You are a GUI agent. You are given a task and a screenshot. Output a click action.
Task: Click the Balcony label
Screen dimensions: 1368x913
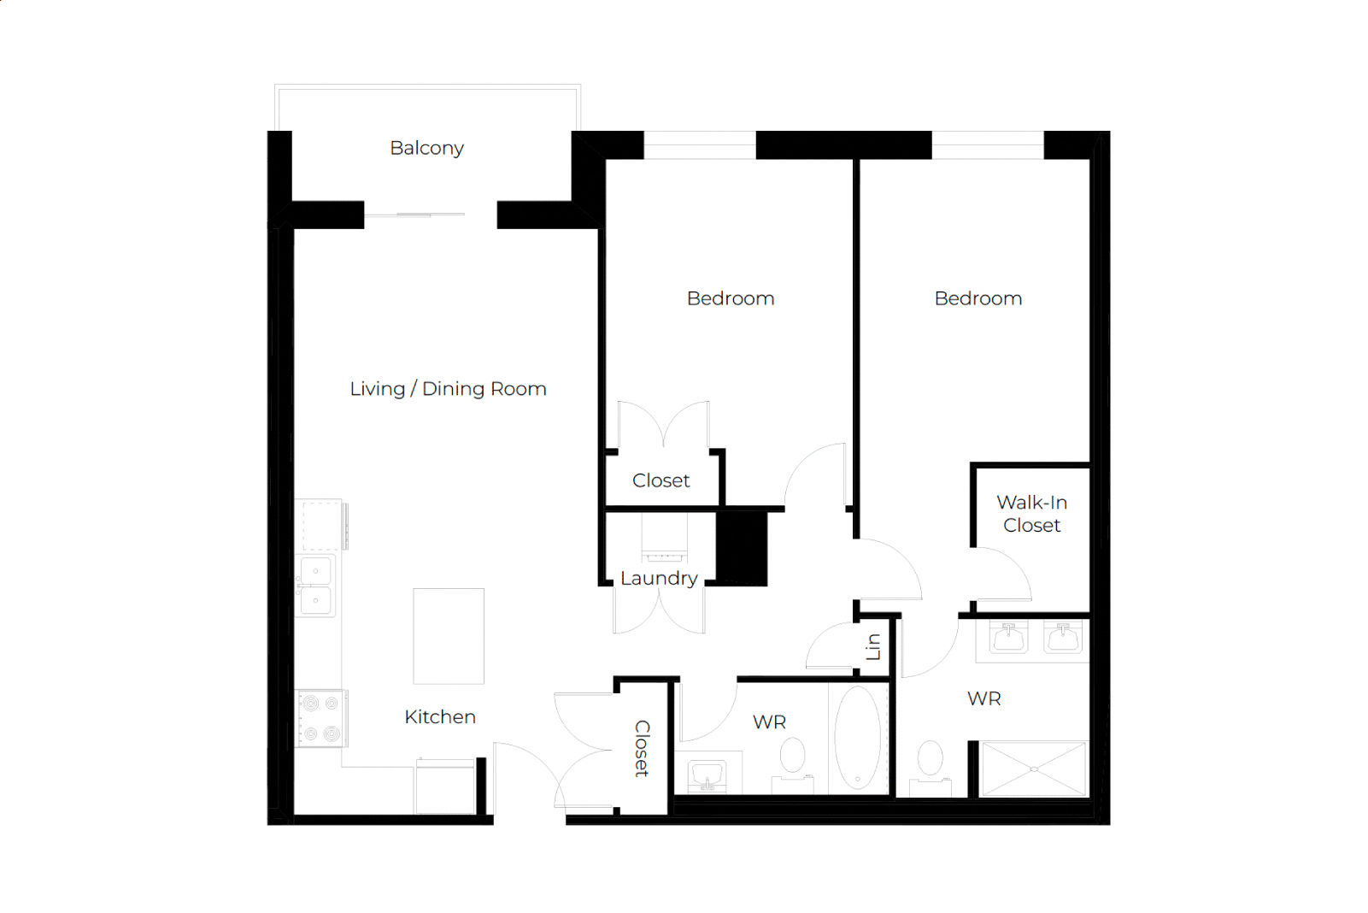427,149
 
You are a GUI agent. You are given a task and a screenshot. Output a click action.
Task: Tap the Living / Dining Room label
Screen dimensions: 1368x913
448,389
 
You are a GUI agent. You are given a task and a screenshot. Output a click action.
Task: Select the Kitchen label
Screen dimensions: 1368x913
440,716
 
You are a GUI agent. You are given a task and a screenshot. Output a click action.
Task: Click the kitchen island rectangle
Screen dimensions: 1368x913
449,636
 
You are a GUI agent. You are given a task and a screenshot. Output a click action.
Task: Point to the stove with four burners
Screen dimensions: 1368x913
321,718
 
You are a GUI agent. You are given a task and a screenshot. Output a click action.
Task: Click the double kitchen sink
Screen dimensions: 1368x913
316,586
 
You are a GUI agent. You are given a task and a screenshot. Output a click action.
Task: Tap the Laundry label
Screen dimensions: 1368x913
658,578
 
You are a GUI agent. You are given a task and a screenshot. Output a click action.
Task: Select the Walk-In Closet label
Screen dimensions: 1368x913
1031,513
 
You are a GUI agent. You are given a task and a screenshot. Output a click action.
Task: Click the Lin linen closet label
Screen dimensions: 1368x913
873,646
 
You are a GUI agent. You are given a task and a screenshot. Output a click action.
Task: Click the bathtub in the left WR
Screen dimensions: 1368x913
858,738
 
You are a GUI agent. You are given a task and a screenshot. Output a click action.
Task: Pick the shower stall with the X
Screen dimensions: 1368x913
1034,769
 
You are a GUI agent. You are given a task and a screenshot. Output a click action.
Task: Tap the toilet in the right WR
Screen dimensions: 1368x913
931,769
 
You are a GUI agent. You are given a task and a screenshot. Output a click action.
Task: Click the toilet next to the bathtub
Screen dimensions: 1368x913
792,765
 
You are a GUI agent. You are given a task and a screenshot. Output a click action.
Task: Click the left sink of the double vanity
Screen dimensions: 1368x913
1008,638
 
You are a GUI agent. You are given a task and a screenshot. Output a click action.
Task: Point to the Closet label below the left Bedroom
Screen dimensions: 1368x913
661,480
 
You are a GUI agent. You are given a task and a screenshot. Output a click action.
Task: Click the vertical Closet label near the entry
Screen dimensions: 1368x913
642,748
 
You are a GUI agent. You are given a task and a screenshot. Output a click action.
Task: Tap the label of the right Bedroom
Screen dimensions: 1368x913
978,298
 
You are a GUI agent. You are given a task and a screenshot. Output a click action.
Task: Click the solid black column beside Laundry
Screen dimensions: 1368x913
742,549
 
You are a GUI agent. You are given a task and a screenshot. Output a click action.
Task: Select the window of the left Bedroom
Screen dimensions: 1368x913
700,145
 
